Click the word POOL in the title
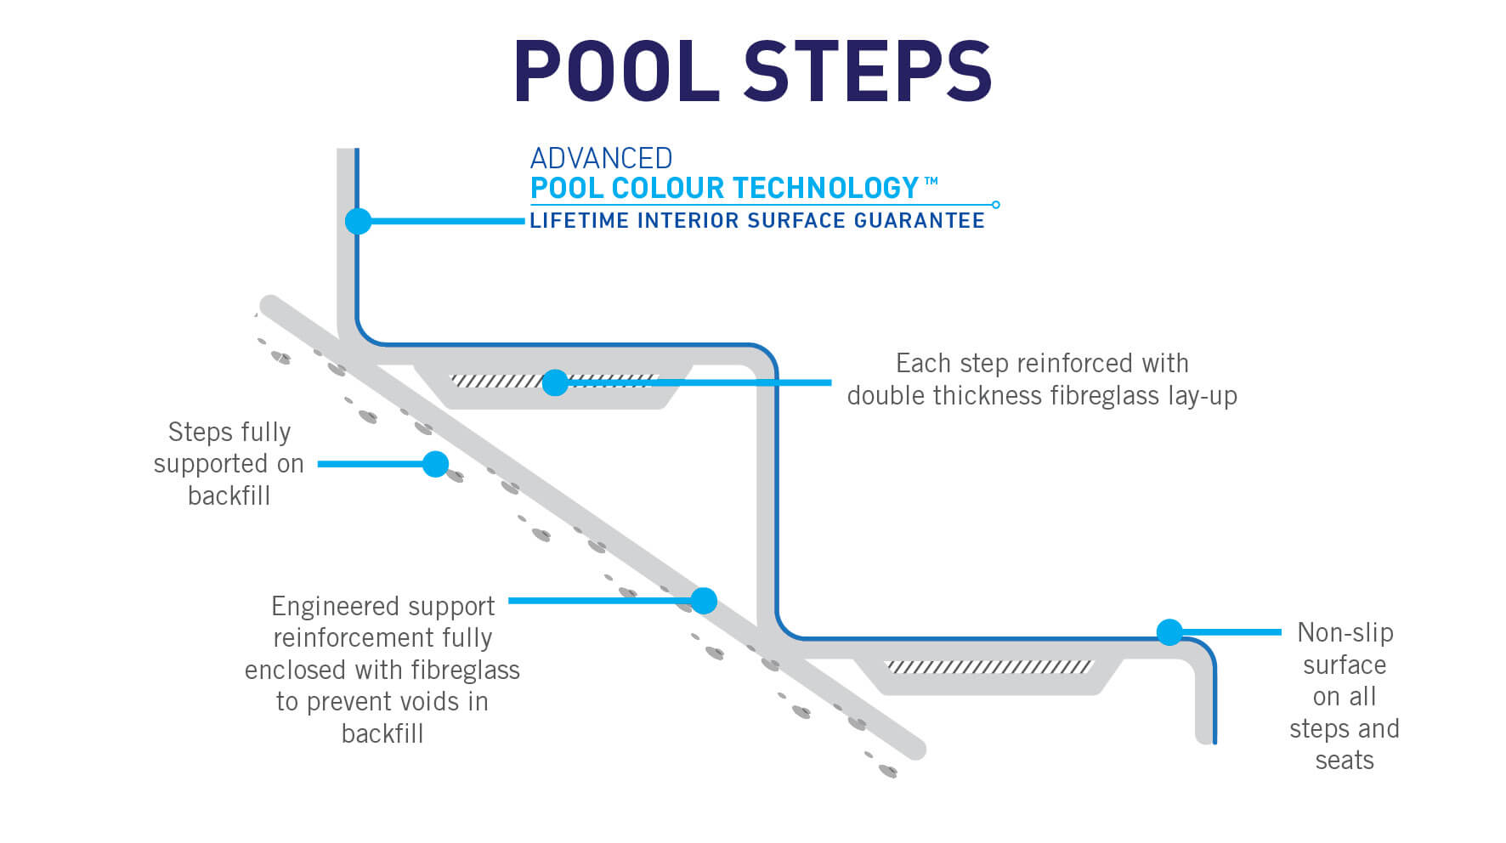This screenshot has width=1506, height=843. pyautogui.click(x=617, y=71)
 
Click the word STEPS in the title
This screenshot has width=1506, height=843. pyautogui.click(x=868, y=71)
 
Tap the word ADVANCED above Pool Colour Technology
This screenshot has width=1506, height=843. pyautogui.click(x=601, y=159)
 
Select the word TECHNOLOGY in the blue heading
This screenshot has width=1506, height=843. pyautogui.click(x=825, y=188)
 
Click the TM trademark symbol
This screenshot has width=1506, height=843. pyautogui.click(x=931, y=181)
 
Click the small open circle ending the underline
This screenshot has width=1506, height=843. pyautogui.click(x=996, y=205)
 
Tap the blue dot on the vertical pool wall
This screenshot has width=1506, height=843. pyautogui.click(x=358, y=221)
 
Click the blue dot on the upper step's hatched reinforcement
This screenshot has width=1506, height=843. pyautogui.click(x=555, y=382)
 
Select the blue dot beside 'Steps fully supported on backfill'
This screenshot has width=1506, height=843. pyautogui.click(x=435, y=464)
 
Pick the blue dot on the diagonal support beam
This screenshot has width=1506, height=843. pyautogui.click(x=704, y=601)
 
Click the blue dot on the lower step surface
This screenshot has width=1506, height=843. pyautogui.click(x=1169, y=632)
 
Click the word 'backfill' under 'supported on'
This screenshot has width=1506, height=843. pyautogui.click(x=229, y=495)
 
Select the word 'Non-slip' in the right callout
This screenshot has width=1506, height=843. pyautogui.click(x=1345, y=633)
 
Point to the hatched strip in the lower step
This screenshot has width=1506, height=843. pyautogui.click(x=988, y=667)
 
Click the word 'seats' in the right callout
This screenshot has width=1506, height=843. pyautogui.click(x=1344, y=761)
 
